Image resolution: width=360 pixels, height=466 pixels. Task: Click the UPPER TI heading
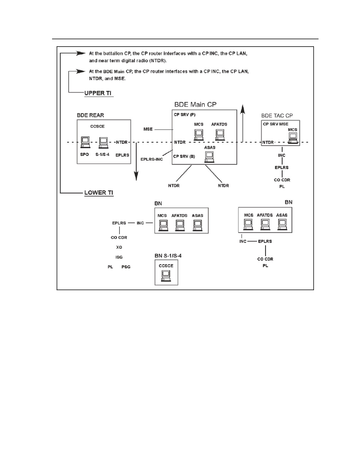pos(98,93)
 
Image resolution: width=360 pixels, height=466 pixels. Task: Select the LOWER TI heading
pos(99,193)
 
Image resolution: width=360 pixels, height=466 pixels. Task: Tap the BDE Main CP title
pos(195,104)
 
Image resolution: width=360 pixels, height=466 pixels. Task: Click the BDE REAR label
pos(90,115)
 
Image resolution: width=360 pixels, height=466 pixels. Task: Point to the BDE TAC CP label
pos(277,116)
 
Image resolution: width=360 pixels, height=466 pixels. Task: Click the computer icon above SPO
pos(85,142)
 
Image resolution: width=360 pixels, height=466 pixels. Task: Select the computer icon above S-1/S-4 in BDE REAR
pos(104,143)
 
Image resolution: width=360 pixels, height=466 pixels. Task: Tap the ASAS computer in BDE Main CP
pos(209,157)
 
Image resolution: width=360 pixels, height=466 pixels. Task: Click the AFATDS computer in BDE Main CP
pos(220,135)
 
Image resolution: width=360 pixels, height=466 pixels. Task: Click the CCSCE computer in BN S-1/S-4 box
pos(166,276)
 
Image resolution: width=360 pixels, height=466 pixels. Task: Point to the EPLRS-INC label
pos(152,159)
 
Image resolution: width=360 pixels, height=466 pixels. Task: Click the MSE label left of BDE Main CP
pos(148,129)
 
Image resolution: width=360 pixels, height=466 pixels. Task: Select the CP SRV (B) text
pos(184,156)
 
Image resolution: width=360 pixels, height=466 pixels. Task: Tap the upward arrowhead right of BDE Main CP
pos(243,109)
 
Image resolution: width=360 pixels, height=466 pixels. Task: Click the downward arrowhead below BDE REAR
pos(136,176)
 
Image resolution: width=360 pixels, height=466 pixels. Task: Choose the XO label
pos(119,247)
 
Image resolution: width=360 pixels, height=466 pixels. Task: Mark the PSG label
pos(126,267)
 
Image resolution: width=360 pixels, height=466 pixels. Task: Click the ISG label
pos(119,257)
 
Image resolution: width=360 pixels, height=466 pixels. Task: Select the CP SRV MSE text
pos(276,124)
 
